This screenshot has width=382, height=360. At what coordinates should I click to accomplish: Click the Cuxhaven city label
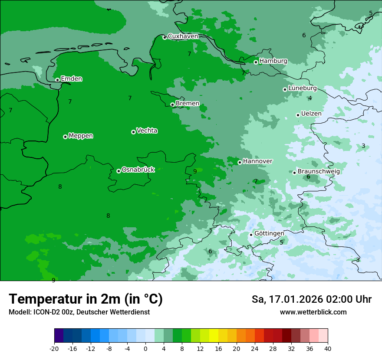(x=183, y=36)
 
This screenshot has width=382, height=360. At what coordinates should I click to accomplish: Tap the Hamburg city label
(x=273, y=61)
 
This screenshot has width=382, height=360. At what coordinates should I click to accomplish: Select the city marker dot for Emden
(x=57, y=80)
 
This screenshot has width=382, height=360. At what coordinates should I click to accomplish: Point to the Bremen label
(x=188, y=104)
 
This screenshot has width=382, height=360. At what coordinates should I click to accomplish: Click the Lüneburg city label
(x=302, y=88)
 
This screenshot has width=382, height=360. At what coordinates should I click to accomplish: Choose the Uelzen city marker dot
(x=298, y=115)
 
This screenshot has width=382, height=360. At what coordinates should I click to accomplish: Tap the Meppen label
(x=81, y=136)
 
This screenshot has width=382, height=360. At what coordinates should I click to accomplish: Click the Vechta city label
(x=147, y=131)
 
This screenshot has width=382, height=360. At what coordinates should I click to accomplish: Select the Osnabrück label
(x=138, y=170)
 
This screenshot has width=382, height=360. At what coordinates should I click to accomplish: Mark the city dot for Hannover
(x=240, y=162)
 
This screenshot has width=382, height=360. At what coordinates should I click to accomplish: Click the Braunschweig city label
(x=319, y=171)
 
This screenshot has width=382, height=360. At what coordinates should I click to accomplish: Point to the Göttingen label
(x=269, y=233)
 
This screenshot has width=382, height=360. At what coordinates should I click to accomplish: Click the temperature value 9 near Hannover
(x=195, y=171)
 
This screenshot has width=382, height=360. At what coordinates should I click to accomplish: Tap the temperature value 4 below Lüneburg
(x=310, y=98)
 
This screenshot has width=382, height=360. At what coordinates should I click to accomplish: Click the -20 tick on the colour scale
(x=54, y=348)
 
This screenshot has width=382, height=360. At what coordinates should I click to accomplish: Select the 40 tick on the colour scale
(x=328, y=348)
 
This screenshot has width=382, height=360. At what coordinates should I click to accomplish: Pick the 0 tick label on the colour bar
(x=145, y=348)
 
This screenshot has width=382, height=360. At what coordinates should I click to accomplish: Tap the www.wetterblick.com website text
(x=313, y=312)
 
